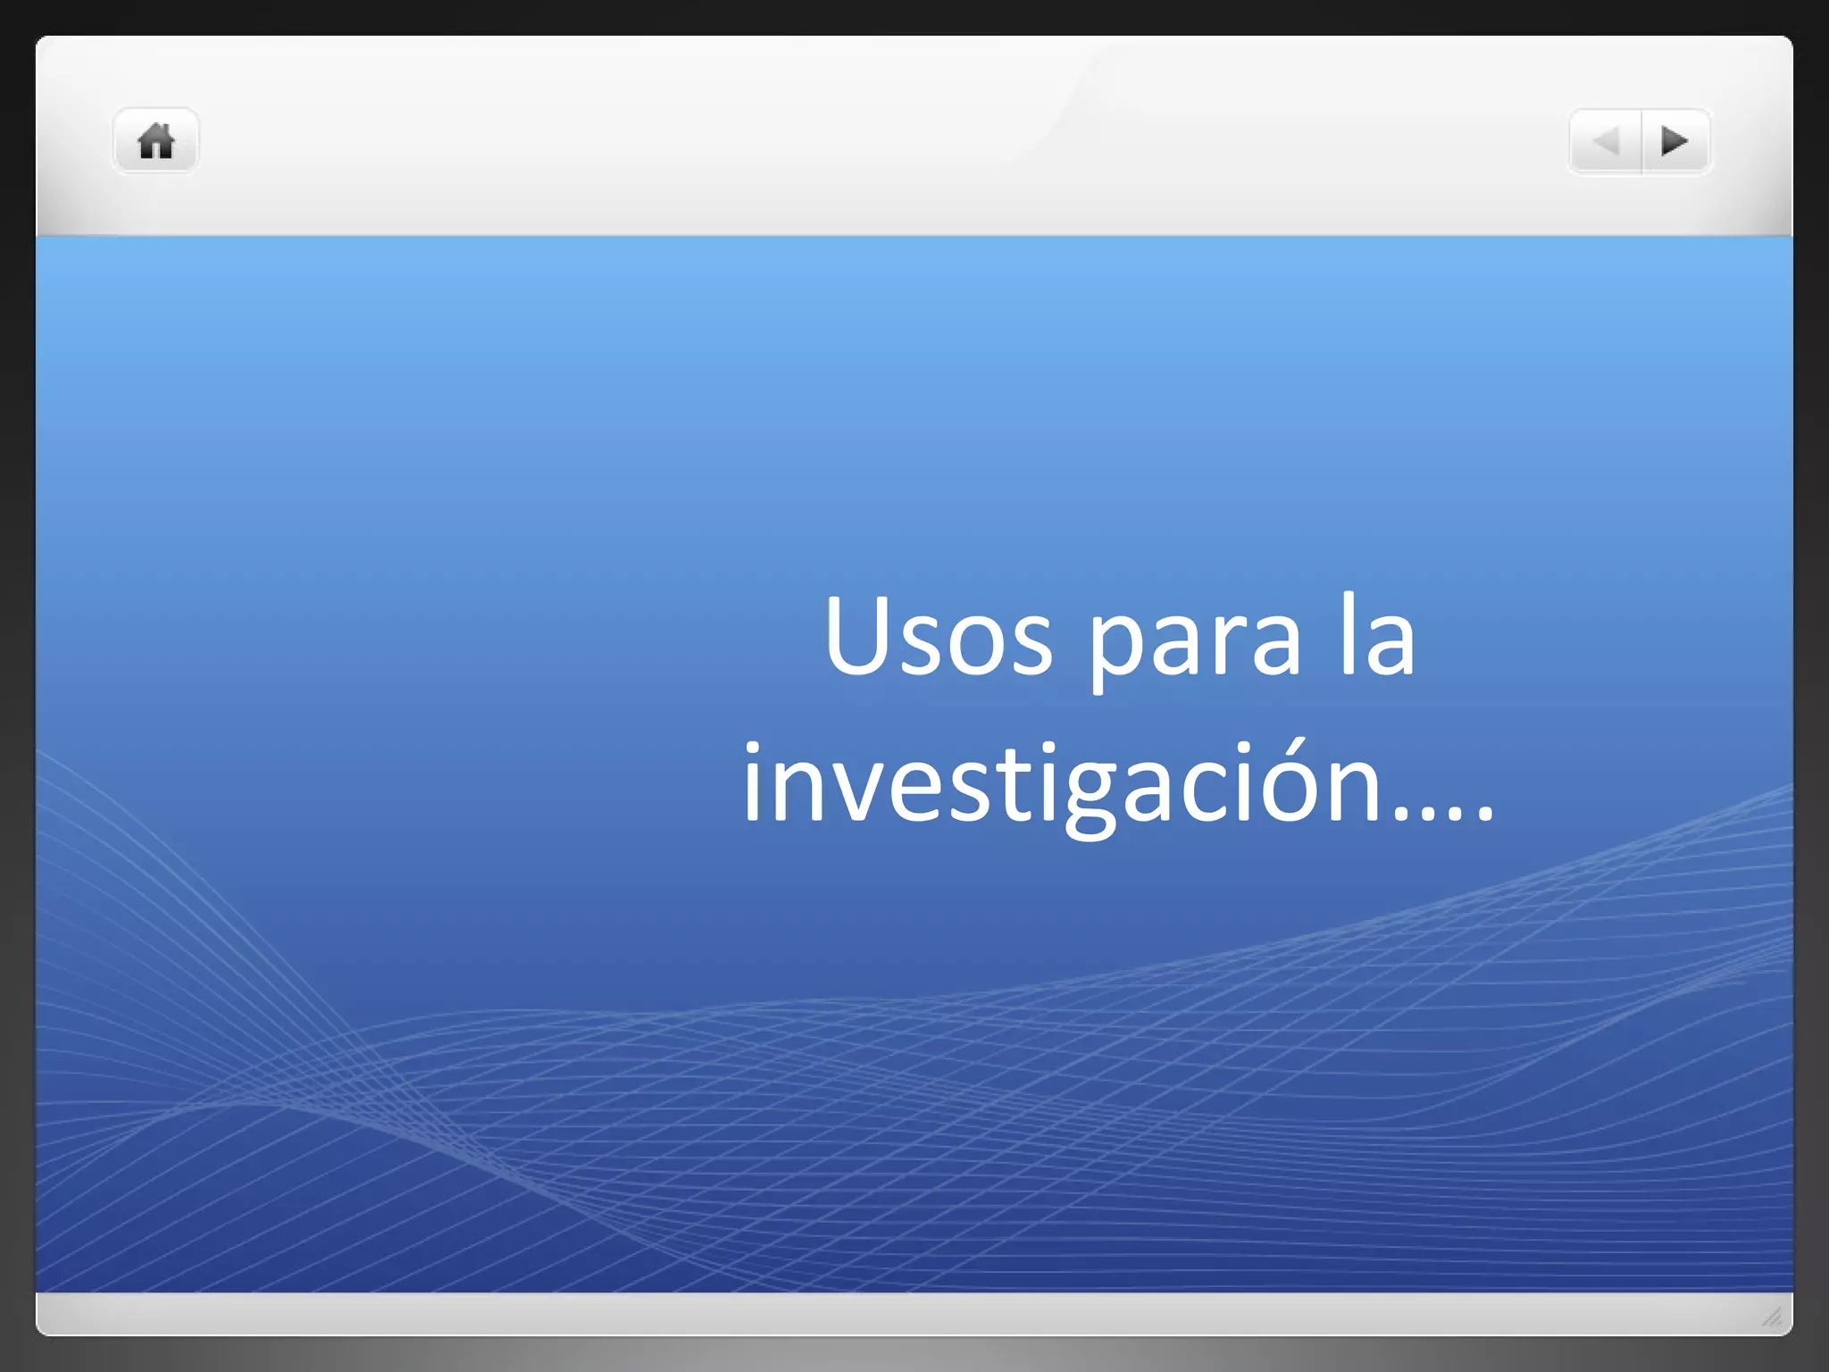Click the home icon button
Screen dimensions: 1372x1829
point(155,141)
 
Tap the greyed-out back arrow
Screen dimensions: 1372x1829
point(1606,141)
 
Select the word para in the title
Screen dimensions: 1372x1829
point(1195,640)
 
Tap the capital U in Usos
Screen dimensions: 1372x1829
point(860,634)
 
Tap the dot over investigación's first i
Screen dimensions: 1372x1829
point(753,748)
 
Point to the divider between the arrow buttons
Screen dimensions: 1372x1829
point(1641,141)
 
